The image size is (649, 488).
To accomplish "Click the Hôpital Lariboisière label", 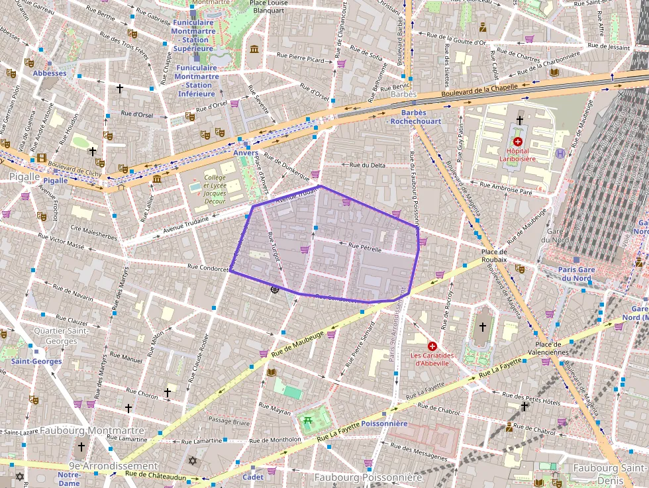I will click(518, 154).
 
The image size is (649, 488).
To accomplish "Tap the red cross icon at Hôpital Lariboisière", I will click(518, 142).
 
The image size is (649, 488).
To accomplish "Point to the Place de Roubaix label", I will click(494, 256).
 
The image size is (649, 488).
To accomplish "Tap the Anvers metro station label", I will click(245, 153).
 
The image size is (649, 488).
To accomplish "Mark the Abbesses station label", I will click(50, 73).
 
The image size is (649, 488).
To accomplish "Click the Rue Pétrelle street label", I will click(365, 246).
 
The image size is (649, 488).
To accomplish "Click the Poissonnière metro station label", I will click(384, 423).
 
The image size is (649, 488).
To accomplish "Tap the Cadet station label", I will click(252, 477).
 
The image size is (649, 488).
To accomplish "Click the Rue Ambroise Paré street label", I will click(509, 189).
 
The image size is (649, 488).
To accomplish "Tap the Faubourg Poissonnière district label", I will click(368, 477).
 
